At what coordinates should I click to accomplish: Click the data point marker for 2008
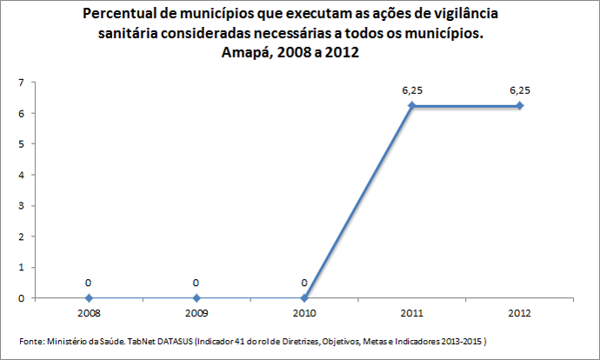pyautogui.click(x=89, y=298)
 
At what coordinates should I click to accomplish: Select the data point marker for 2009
pyautogui.click(x=197, y=298)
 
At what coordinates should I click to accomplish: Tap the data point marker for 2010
pyautogui.click(x=304, y=298)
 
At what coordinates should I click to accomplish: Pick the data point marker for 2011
pyautogui.click(x=412, y=106)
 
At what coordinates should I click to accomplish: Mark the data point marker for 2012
pyautogui.click(x=520, y=106)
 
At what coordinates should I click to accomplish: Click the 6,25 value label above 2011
pyautogui.click(x=412, y=90)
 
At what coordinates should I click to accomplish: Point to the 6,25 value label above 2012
pyautogui.click(x=520, y=90)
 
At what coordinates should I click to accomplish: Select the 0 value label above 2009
pyautogui.click(x=197, y=283)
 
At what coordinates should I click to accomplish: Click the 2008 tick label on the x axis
pyautogui.click(x=89, y=311)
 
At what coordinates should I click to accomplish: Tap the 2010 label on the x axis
pyautogui.click(x=304, y=311)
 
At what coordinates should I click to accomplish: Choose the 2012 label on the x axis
pyautogui.click(x=520, y=311)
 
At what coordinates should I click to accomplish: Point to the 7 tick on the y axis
pyautogui.click(x=21, y=83)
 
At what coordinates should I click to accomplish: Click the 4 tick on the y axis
pyautogui.click(x=21, y=175)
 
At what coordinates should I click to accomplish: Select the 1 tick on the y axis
pyautogui.click(x=21, y=268)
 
